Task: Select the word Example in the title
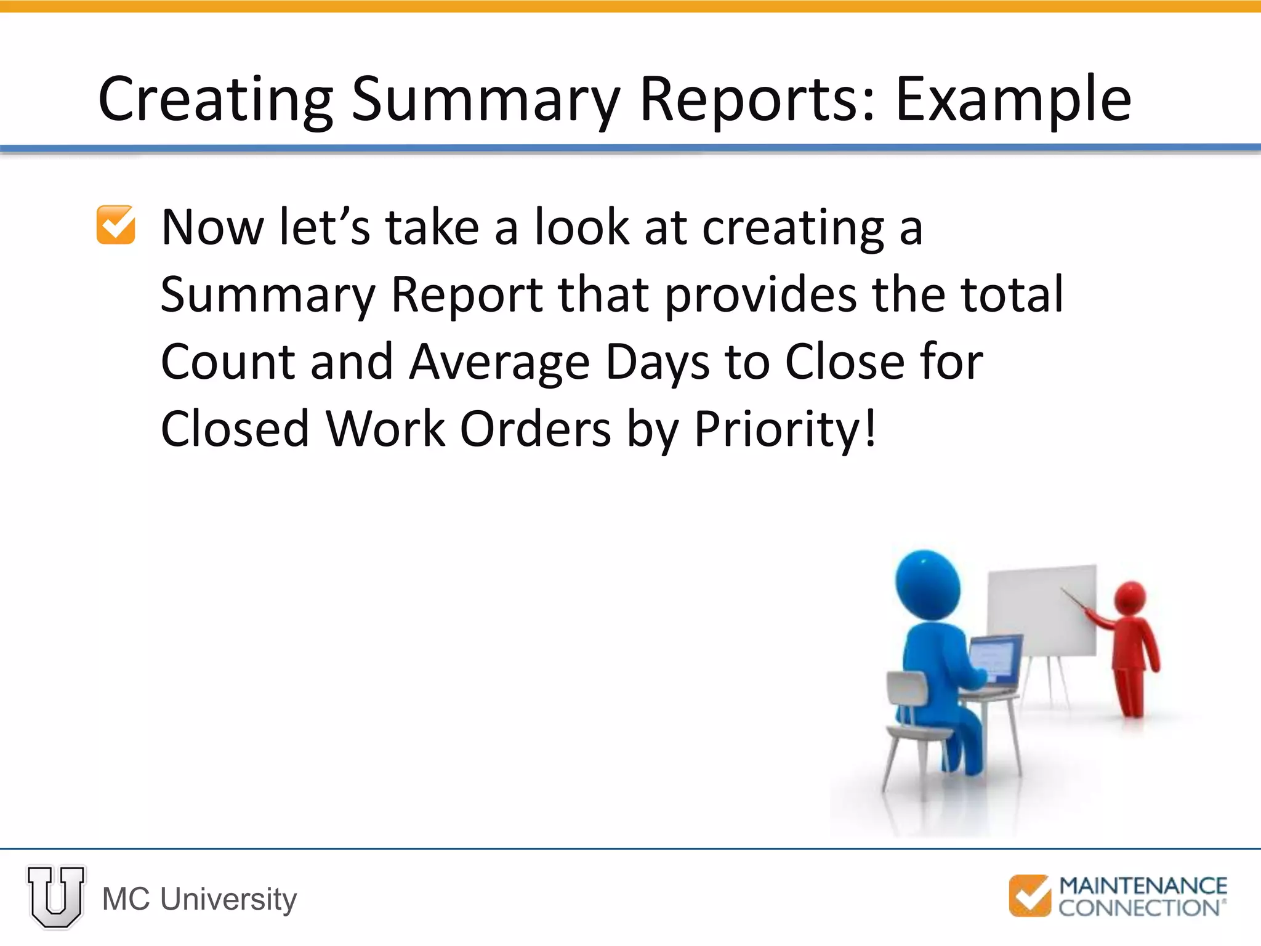(1013, 100)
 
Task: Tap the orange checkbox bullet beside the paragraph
(116, 225)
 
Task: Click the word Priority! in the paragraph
(785, 429)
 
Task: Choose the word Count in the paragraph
(227, 362)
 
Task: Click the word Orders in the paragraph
(535, 429)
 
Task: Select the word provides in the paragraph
(760, 294)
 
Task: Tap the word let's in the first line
(324, 227)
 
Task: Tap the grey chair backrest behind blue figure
(906, 687)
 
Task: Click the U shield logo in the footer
(55, 897)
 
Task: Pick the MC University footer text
(199, 899)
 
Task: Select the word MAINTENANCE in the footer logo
(1143, 886)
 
